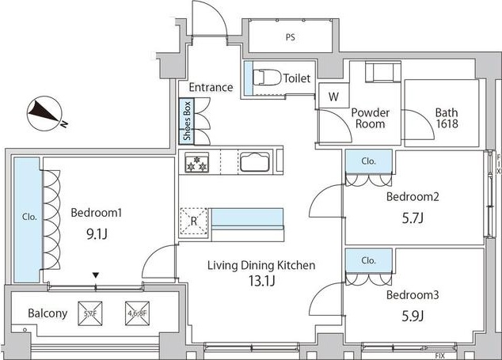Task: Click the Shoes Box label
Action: pyautogui.click(x=187, y=121)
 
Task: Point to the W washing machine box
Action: pyautogui.click(x=333, y=97)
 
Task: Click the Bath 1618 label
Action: pyautogui.click(x=446, y=118)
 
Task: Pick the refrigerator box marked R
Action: pyautogui.click(x=193, y=221)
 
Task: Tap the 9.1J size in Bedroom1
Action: pyautogui.click(x=96, y=233)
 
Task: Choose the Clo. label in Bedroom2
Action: pyautogui.click(x=368, y=161)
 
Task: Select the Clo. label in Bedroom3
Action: pyautogui.click(x=368, y=260)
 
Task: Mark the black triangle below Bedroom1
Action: pyautogui.click(x=96, y=275)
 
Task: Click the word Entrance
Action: pyautogui.click(x=211, y=87)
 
